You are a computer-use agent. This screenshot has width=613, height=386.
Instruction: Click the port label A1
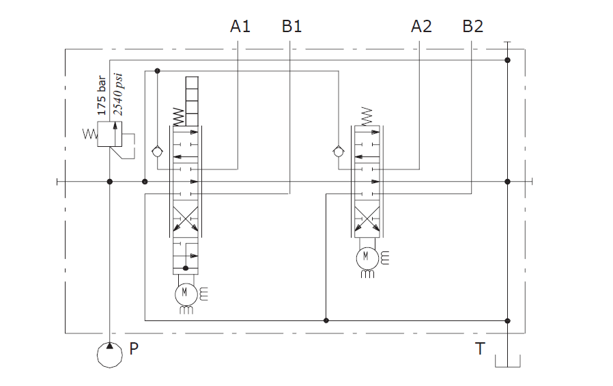coord(240,27)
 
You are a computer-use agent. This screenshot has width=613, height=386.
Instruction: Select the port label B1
coord(291,27)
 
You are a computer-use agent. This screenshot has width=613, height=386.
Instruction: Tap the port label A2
coord(421,27)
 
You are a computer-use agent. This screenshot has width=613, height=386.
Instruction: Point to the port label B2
coord(472,27)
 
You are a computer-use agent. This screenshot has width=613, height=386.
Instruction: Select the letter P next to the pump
coord(134,349)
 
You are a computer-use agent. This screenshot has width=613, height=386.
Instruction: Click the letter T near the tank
coord(480,349)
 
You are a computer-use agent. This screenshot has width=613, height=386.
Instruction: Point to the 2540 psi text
coord(117,95)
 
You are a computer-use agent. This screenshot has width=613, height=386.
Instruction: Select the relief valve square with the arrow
coord(109,134)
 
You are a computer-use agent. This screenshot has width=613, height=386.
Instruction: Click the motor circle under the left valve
coord(184,294)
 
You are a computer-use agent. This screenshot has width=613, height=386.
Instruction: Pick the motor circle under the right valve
coord(366,257)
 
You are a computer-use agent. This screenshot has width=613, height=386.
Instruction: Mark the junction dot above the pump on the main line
coord(110,182)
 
